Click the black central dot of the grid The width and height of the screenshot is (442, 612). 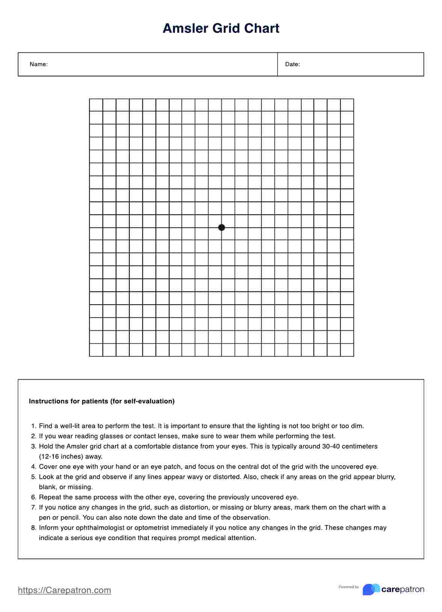[221, 228]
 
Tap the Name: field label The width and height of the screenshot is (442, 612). [39, 64]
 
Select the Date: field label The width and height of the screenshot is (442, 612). [292, 64]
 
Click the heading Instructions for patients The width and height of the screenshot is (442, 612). [101, 401]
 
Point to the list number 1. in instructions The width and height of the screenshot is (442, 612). [34, 426]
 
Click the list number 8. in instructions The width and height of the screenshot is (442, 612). [34, 528]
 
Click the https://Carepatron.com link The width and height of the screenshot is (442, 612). [64, 590]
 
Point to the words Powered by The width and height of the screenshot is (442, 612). [348, 587]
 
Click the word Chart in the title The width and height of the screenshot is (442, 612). [262, 29]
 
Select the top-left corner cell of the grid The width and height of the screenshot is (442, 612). [96, 105]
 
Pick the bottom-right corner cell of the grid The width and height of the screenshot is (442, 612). [347, 350]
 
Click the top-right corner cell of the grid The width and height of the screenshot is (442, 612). [347, 105]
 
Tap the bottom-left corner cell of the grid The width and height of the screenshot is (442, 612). [96, 350]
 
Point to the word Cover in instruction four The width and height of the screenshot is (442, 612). [48, 467]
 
